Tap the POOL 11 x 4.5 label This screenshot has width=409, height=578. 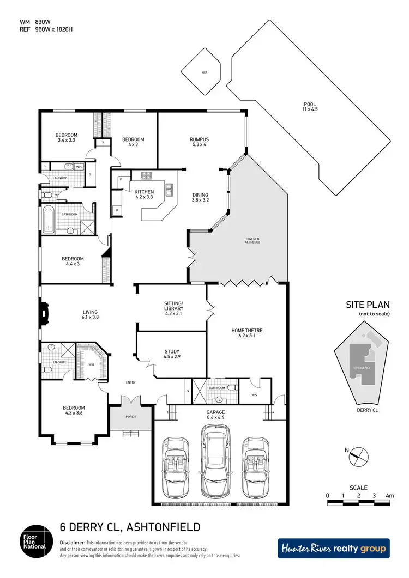[x=310, y=107]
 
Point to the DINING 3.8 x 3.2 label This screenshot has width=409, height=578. [x=200, y=198]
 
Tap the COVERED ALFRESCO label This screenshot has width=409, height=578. [x=252, y=242]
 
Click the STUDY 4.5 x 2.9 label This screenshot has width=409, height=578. [x=172, y=355]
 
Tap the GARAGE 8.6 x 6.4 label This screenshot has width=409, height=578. [x=220, y=416]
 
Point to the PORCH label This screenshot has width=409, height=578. [x=130, y=417]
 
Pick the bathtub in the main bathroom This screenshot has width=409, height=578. [x=49, y=222]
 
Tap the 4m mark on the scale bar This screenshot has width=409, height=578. [x=389, y=496]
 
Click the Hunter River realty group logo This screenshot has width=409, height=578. [x=333, y=549]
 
